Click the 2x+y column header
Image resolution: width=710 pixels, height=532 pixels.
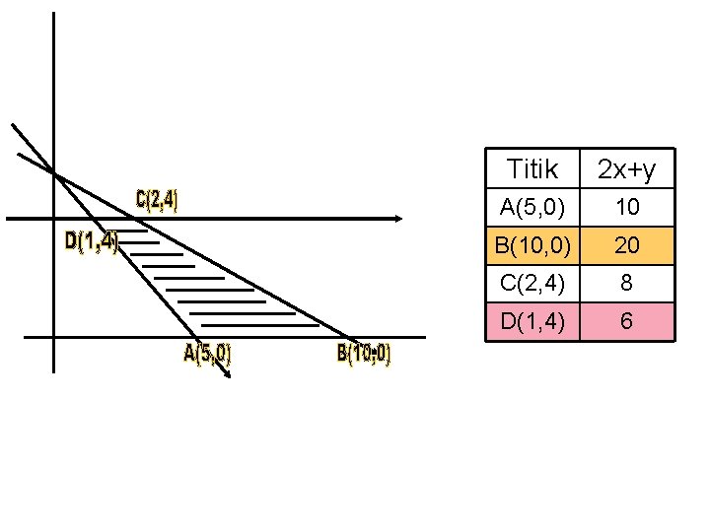pyautogui.click(x=627, y=170)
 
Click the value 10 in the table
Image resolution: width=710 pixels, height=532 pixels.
pyautogui.click(x=627, y=207)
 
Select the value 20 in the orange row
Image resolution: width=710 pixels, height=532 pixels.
pyautogui.click(x=627, y=245)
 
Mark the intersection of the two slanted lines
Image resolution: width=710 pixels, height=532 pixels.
pyautogui.click(x=56, y=175)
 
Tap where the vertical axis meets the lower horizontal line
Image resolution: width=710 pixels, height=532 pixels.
pyautogui.click(x=53, y=338)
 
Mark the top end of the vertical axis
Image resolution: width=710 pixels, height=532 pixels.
pyautogui.click(x=53, y=14)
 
